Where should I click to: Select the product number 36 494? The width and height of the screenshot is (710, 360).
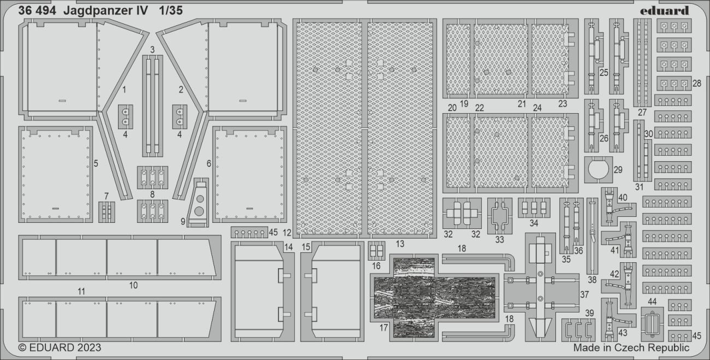coord(37,10)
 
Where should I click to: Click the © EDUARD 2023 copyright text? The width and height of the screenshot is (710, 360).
coord(60,347)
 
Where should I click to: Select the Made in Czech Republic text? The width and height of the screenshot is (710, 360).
coord(631,347)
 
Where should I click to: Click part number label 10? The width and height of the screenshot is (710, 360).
coord(133,285)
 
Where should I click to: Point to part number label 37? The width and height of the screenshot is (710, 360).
coord(584,294)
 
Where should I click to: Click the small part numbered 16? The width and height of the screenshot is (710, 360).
coord(376,251)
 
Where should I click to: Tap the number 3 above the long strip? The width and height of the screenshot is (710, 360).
coord(152,50)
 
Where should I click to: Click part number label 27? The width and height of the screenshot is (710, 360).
coord(641,113)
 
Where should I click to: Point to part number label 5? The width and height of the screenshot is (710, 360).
coord(96,163)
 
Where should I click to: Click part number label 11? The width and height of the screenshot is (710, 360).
coord(81,292)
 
